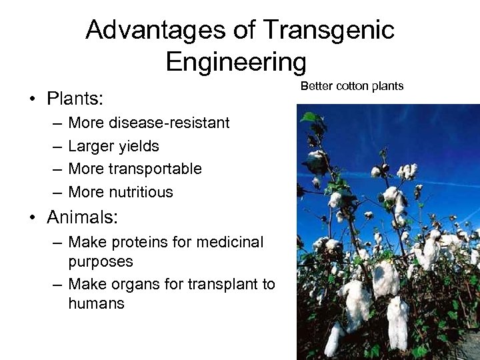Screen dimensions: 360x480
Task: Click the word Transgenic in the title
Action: (329, 30)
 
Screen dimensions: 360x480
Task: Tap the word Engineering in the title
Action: (236, 62)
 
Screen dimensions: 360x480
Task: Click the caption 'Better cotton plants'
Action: (352, 86)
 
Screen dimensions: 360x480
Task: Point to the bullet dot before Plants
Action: (32, 100)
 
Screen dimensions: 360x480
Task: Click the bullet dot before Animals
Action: (32, 218)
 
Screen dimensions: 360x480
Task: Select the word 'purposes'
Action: (101, 261)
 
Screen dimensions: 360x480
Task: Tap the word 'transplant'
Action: (220, 285)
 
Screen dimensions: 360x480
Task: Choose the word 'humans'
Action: (97, 303)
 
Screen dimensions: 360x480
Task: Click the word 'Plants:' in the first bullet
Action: (75, 100)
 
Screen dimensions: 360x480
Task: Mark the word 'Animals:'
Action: (83, 218)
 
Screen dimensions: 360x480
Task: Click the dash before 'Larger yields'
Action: (55, 146)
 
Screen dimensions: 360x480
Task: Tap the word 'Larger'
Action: (92, 146)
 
